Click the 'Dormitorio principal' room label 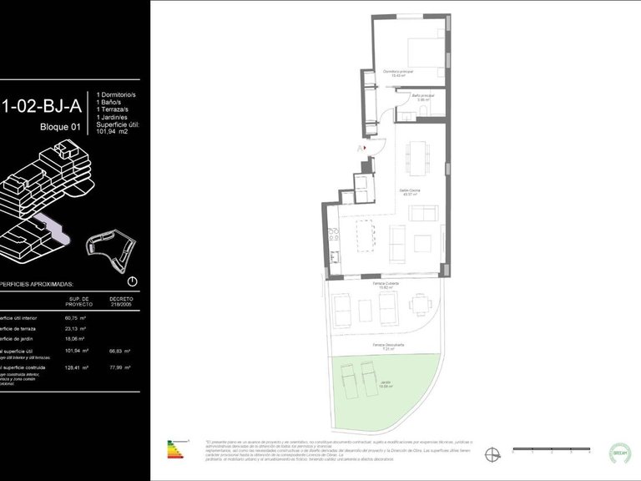398,73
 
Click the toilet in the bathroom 422,109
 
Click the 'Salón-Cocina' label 409,192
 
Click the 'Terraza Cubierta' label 386,284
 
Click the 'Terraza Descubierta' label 388,345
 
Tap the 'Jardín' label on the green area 386,385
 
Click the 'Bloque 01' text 60,127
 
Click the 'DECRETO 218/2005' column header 121,301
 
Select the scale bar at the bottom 551,450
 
